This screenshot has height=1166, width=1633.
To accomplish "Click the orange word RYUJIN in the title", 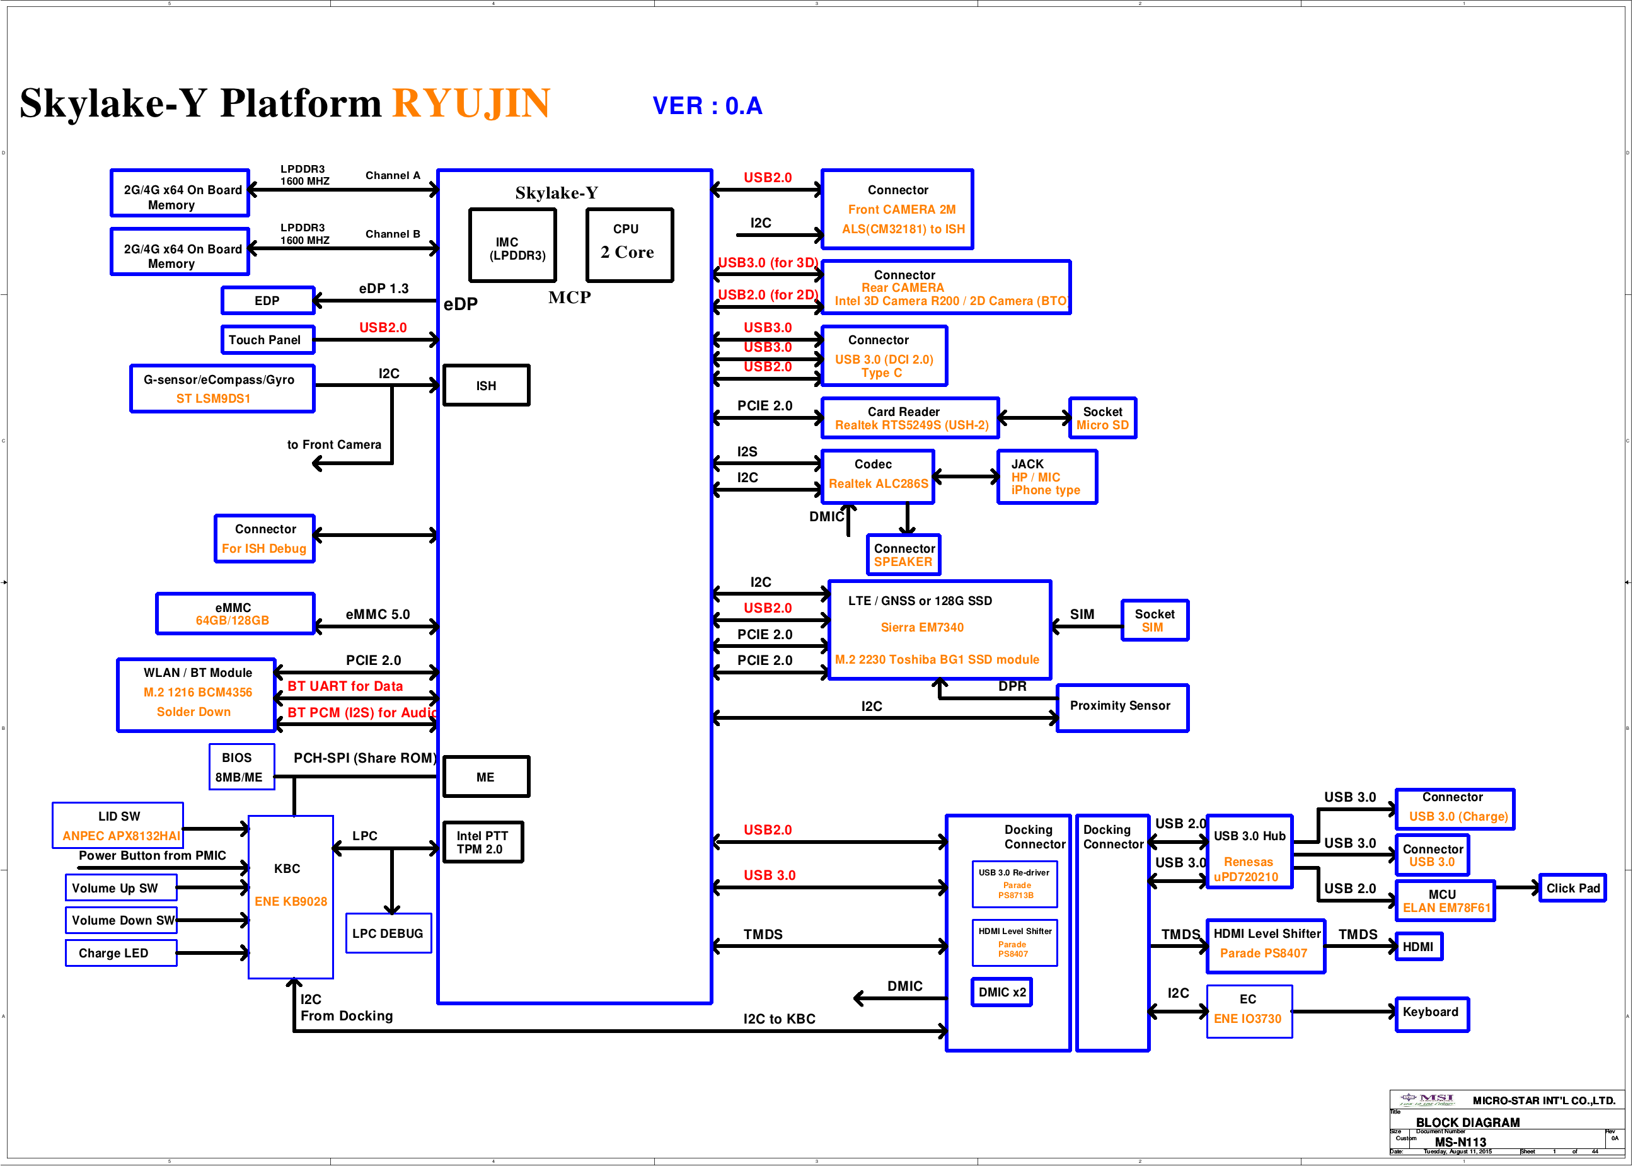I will [x=471, y=103].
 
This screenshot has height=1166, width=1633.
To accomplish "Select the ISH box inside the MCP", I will [x=486, y=386].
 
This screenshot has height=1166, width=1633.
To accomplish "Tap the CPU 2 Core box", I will [x=629, y=245].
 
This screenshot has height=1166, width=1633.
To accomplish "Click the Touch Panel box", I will [x=267, y=340].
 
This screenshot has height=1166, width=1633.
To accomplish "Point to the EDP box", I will [x=267, y=300].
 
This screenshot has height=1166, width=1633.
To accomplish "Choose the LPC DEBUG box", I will [x=388, y=933].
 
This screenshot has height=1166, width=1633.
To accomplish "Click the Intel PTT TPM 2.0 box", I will [x=482, y=842].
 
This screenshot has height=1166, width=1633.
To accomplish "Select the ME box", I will [x=486, y=777].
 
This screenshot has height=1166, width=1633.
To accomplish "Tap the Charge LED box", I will [x=120, y=953].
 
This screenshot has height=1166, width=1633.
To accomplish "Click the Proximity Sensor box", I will [x=1121, y=707].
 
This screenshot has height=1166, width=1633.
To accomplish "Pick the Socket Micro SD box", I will [x=1102, y=418].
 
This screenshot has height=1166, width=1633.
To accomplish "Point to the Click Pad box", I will [x=1572, y=888].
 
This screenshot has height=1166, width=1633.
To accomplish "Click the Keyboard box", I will [x=1431, y=1013].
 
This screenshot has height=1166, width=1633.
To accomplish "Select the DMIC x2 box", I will [x=1001, y=992].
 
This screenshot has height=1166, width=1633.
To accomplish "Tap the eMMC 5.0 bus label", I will [x=378, y=615].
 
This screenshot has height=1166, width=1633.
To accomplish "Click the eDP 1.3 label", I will [x=383, y=289].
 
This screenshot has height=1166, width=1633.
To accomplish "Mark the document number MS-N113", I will [x=1460, y=1142].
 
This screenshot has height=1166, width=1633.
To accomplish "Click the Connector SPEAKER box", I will [x=903, y=555].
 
